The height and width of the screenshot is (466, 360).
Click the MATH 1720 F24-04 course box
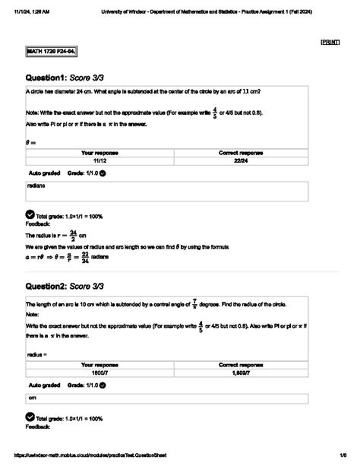[52, 52]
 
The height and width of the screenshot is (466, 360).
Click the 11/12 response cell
[99, 161]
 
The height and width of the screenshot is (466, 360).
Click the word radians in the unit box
[36, 185]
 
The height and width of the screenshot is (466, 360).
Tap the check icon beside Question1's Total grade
[30, 215]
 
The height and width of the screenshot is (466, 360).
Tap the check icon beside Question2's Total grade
[30, 417]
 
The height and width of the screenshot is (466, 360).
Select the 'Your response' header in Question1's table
[99, 153]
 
